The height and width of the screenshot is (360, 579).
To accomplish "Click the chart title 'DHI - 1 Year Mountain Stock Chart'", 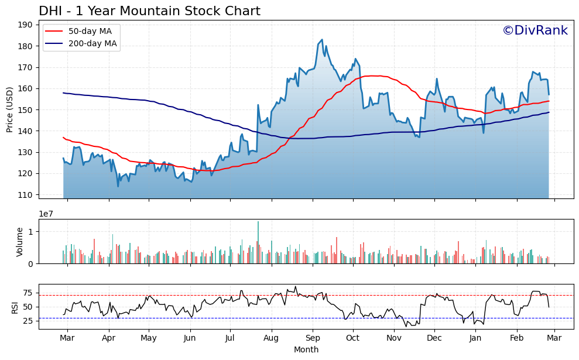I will [149, 11].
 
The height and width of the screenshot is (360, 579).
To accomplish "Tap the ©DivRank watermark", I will [535, 31].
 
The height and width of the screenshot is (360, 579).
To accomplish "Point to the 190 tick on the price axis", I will [26, 25].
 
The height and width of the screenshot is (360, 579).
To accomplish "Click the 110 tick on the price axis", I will [26, 194].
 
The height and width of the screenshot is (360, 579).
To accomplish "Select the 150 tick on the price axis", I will [26, 109].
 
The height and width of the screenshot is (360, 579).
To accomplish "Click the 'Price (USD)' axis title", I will [10, 109].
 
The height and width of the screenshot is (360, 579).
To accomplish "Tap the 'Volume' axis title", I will [20, 241].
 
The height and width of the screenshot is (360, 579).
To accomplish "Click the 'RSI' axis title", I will [16, 306].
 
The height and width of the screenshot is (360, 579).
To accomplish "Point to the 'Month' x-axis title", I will [306, 349].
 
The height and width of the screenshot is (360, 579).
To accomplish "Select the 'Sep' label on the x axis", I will [313, 338].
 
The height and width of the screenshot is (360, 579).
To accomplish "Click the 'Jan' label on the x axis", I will [475, 338].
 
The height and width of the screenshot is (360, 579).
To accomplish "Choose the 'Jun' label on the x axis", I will [189, 338].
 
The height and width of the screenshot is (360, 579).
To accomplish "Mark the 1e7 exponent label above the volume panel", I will [47, 214].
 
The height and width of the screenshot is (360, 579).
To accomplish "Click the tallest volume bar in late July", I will [258, 242].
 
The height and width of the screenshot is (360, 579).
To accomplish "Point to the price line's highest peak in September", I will [322, 40].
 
